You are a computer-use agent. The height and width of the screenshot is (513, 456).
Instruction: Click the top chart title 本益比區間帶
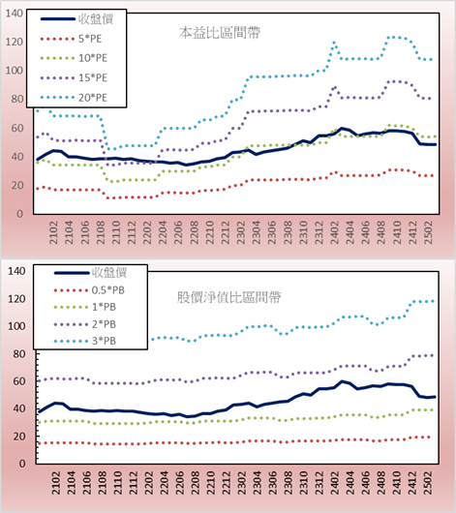[x=220, y=33]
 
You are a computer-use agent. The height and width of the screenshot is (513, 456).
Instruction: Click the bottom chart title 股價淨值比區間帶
[x=228, y=297]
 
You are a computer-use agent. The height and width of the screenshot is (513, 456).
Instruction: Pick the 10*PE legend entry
[x=74, y=58]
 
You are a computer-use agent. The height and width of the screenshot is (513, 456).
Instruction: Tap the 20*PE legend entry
[x=74, y=98]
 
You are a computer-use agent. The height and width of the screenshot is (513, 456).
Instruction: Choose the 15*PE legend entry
[x=74, y=77]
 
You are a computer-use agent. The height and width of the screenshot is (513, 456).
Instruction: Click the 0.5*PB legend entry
[x=89, y=290]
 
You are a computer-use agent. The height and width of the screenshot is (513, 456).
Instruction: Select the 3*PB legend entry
[x=85, y=341]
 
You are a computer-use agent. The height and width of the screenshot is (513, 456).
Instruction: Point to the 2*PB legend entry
[x=85, y=324]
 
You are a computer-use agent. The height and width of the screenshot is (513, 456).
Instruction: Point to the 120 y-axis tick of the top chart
[x=15, y=42]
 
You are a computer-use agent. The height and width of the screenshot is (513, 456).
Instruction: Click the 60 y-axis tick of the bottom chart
[x=18, y=381]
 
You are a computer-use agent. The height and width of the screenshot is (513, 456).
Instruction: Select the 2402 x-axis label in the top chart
[x=335, y=232]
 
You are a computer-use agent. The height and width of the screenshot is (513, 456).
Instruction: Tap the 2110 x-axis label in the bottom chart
[x=117, y=483]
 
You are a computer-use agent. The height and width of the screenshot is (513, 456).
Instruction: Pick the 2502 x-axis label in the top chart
[x=428, y=232]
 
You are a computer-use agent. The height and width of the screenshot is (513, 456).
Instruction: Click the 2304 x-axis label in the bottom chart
[x=257, y=483]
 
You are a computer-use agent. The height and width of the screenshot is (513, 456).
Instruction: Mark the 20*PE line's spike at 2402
[x=334, y=43]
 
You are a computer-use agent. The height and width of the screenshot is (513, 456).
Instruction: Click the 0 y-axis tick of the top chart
[x=19, y=214]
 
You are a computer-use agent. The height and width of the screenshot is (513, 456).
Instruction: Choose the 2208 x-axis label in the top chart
[x=195, y=232]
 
